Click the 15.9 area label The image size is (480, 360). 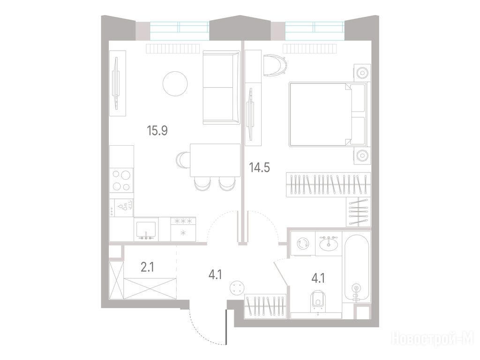click(157, 131)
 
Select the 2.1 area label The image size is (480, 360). click(147, 268)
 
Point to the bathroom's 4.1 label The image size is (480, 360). click(318, 278)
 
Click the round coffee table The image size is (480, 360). click(175, 83)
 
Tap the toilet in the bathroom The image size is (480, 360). click(318, 302)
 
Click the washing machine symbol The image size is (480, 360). click(303, 244)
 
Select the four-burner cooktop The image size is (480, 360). click(121, 180)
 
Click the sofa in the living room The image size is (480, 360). click(221, 88)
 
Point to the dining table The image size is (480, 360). click(215, 160)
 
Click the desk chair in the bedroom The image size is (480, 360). click(275, 65)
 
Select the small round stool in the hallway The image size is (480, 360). click(238, 288)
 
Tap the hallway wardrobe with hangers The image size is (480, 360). click(265, 306)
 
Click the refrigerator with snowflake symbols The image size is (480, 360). click(183, 229)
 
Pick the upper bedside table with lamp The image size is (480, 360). click(362, 73)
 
